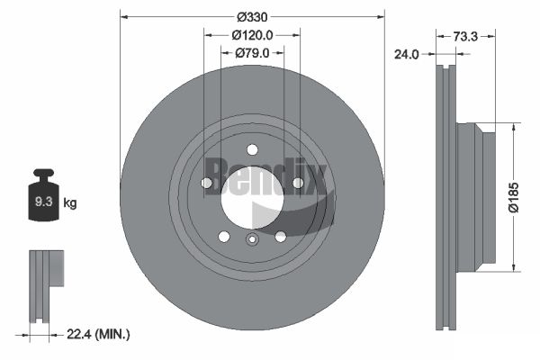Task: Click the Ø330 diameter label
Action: coord(252,16)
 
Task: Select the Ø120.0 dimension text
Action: coord(252,35)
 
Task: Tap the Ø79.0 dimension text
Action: coord(252,53)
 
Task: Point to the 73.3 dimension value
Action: coord(465,37)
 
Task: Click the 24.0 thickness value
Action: coord(407,54)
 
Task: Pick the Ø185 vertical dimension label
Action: coord(514,197)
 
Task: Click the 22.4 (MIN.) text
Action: coord(98,334)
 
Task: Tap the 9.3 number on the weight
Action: coord(44,202)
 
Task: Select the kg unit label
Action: coord(70,202)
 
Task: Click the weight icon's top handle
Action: coord(43,172)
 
